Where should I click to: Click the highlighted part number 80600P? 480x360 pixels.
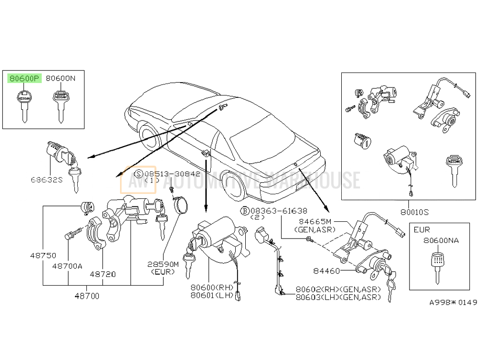24,78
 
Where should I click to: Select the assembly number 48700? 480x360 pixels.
87,296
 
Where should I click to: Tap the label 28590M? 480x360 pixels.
163,264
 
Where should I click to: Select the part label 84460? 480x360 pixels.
326,271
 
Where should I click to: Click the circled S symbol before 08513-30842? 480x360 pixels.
139,173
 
